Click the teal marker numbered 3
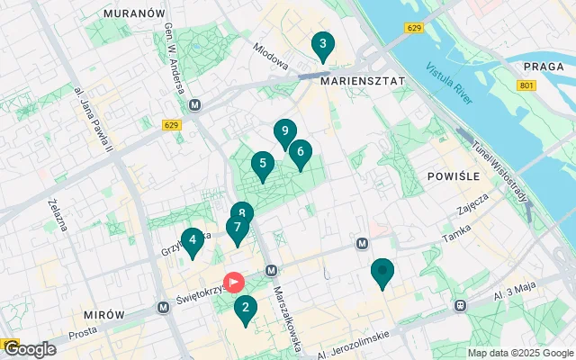coord(322,44)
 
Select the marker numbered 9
coord(284,132)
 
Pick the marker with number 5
coord(262,165)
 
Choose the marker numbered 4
coord(191,240)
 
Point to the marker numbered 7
coord(237,229)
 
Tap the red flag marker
coord(233,282)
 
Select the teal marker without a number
coord(383,271)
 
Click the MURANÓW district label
coord(135,14)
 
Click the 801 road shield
coord(527,85)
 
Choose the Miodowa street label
coord(270,57)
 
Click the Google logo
coord(29,349)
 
